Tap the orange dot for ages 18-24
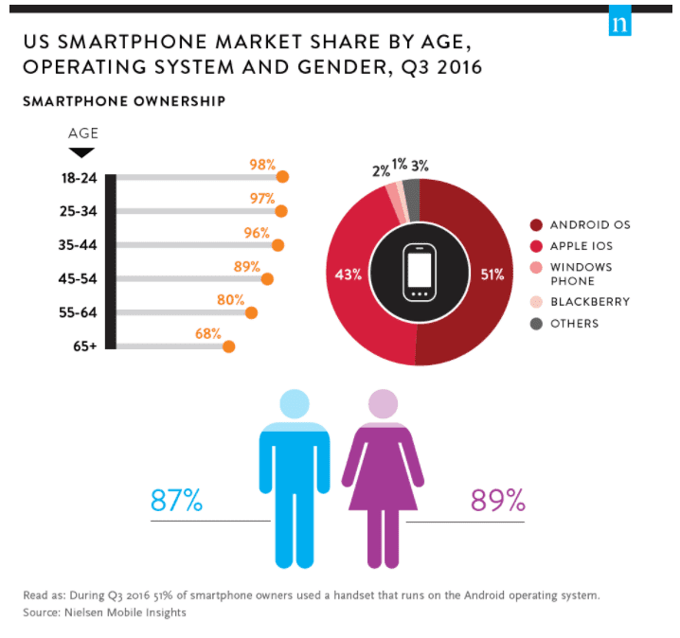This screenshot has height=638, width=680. click(282, 176)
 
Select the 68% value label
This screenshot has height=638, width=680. click(209, 334)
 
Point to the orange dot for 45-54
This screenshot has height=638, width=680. click(267, 279)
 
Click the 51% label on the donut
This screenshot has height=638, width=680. click(492, 275)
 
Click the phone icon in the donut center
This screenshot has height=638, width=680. click(420, 272)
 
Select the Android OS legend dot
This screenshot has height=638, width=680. click(537, 225)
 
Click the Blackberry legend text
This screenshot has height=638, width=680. click(589, 302)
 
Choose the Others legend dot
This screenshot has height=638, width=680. click(537, 324)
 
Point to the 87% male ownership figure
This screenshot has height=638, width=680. click(176, 500)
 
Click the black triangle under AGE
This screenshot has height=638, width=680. click(82, 151)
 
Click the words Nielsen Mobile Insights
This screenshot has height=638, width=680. click(133, 612)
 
